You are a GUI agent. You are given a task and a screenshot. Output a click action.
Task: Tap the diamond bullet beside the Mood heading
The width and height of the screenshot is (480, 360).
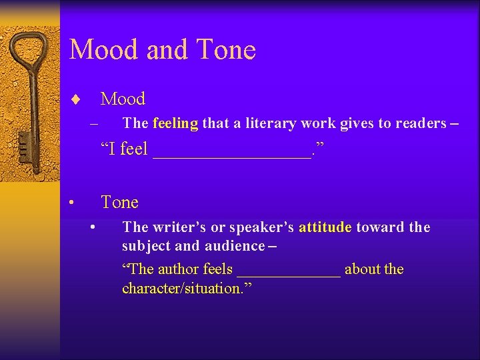click(x=75, y=100)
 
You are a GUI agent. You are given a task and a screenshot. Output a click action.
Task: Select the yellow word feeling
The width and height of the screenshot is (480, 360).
click(x=175, y=123)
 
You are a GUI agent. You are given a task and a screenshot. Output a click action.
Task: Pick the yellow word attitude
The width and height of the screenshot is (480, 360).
click(x=325, y=227)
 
